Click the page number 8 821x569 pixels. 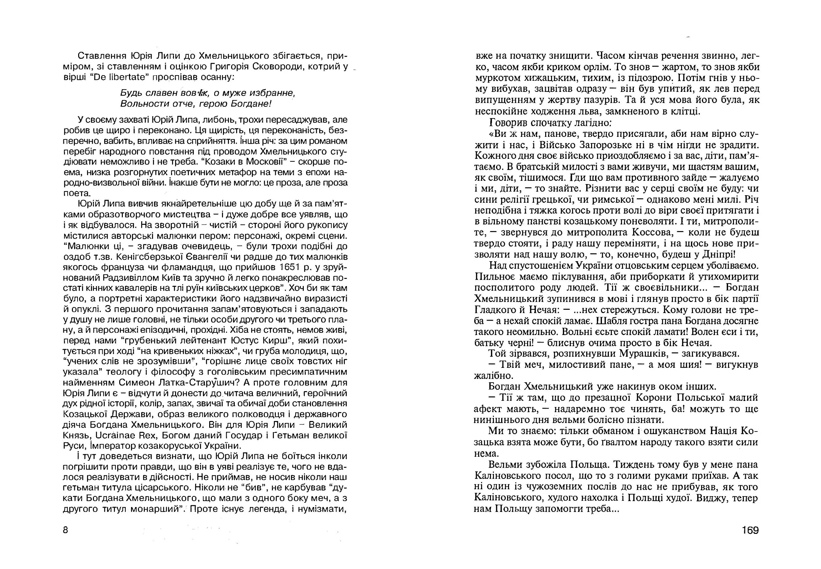pos(65,530)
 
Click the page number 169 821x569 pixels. pos(750,531)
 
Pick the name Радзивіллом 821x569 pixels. pos(129,278)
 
